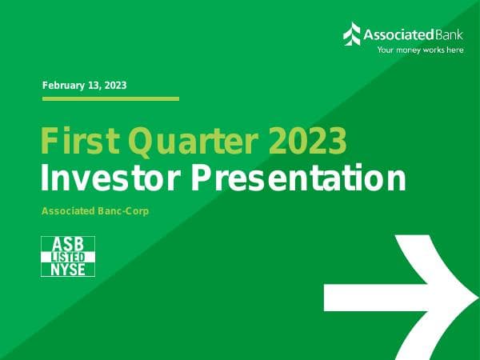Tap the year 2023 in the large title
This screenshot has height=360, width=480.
pyautogui.click(x=307, y=142)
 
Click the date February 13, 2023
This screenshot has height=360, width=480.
pyautogui.click(x=84, y=85)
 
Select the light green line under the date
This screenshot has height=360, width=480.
pyautogui.click(x=110, y=98)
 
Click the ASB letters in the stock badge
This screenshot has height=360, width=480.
pyautogui.click(x=68, y=243)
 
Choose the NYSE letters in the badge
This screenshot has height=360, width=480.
pyautogui.click(x=68, y=270)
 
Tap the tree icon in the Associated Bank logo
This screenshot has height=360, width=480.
pyautogui.click(x=352, y=34)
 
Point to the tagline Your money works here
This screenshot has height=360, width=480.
pyautogui.click(x=420, y=50)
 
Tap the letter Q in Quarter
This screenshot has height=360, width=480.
pyautogui.click(x=146, y=142)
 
